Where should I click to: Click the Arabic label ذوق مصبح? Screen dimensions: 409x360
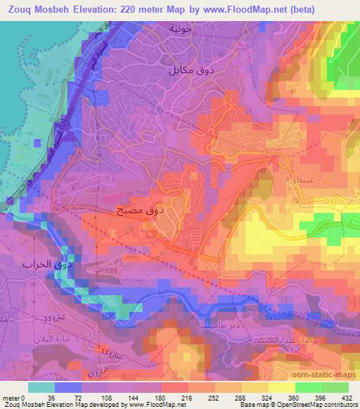point(141,209)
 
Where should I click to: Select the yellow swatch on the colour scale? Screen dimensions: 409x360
point(255,387)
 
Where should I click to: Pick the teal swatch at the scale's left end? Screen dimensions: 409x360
point(41,387)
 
